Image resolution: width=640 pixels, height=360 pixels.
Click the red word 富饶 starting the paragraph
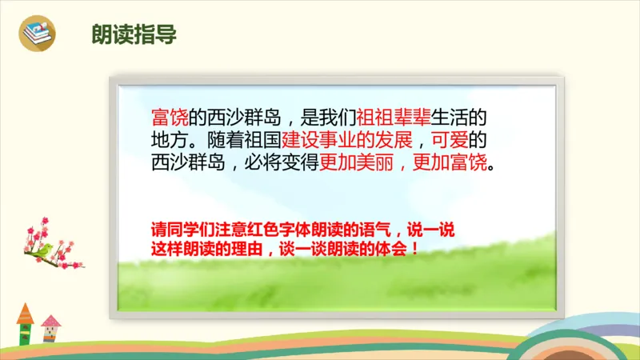pyautogui.click(x=169, y=118)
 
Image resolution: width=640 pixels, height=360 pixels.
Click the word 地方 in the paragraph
pyautogui.click(x=169, y=142)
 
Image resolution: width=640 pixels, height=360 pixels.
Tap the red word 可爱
pyautogui.click(x=439, y=142)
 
